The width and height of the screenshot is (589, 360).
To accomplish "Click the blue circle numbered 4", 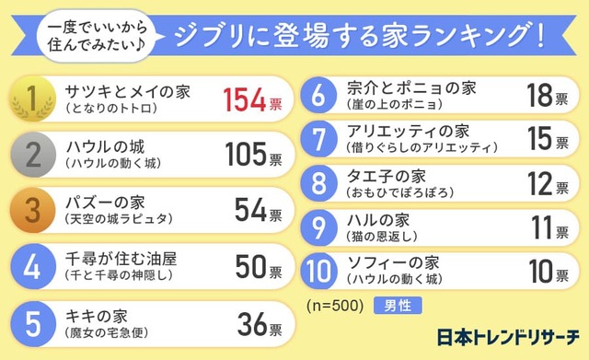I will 31,267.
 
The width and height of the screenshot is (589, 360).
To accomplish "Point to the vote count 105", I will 244,154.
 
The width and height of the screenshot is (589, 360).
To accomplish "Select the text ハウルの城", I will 106,145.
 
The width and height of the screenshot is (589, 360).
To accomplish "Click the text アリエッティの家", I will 408,131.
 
